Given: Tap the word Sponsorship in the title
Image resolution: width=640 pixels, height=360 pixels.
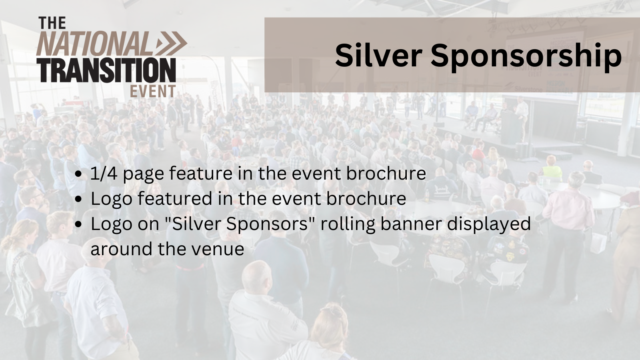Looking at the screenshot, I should pos(526,56).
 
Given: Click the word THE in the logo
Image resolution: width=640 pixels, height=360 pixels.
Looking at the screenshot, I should pos(52,23).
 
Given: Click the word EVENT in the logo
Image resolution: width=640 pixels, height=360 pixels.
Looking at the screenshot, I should pos(152,91).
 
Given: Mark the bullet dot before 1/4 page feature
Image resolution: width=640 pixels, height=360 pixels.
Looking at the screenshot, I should pos(79,174).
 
